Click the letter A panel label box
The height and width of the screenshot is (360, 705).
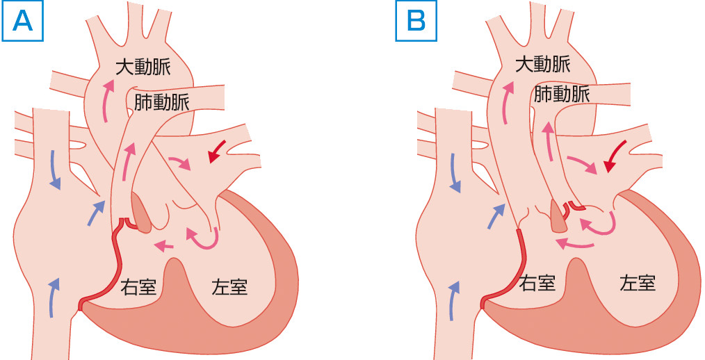[24, 22]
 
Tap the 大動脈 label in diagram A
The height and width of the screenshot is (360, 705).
[143, 67]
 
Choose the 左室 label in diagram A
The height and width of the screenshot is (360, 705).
[230, 286]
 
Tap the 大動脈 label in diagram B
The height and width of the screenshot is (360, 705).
[544, 65]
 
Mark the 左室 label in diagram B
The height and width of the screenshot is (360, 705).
[638, 281]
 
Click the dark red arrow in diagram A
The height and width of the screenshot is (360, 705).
[218, 152]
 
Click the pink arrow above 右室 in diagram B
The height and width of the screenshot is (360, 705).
[574, 243]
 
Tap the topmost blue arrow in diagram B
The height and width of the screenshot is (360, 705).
[455, 174]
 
